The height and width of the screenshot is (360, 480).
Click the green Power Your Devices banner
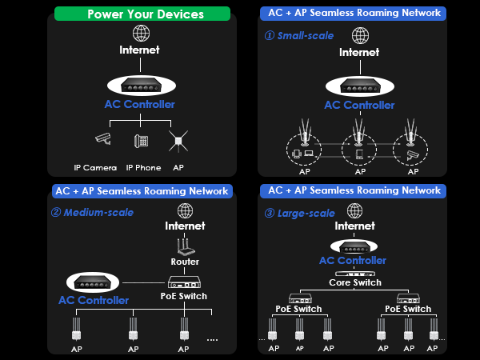[x=142, y=14]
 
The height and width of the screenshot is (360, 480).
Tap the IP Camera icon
[x=103, y=138]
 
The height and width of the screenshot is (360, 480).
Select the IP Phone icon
[x=141, y=141]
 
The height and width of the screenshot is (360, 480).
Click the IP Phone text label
[x=143, y=168]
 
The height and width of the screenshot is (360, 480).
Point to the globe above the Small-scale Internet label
[x=360, y=35]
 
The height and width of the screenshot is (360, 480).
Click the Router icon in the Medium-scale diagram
[x=186, y=247]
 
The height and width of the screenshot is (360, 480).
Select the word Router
[x=185, y=262]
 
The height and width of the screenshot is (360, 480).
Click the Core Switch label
[x=355, y=282]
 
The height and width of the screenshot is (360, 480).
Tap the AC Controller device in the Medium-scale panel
[x=93, y=282]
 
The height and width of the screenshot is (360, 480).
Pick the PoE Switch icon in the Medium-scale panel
[x=184, y=282]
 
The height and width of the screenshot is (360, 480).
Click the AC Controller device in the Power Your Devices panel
[x=142, y=86]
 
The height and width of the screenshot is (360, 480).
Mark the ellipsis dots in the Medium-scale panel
[x=212, y=340]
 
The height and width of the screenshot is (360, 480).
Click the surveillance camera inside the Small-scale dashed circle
[x=412, y=155]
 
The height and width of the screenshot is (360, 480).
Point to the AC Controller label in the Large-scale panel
[x=353, y=261]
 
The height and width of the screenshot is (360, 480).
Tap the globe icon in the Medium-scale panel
[x=186, y=210]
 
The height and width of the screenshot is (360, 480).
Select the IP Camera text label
[x=95, y=168]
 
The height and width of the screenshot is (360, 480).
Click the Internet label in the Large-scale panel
[x=354, y=226]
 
